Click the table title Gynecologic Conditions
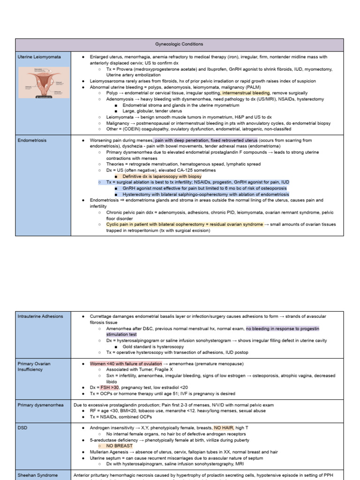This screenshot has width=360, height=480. click(x=180, y=44)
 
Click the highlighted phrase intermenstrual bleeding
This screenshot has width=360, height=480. click(x=246, y=93)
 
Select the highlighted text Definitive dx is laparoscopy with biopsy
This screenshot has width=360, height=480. click(x=162, y=176)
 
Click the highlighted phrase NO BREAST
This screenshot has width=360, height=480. click(x=120, y=446)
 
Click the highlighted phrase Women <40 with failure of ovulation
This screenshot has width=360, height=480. click(x=126, y=364)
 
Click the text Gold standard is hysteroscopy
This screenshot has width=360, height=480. click(x=153, y=346)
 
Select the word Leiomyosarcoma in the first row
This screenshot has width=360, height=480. click(x=108, y=81)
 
